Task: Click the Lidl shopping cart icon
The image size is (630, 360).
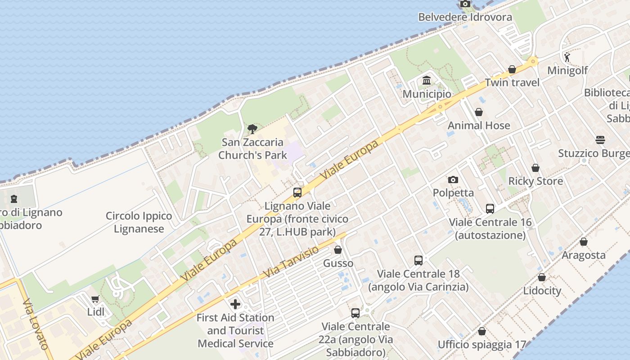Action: (x=95, y=299)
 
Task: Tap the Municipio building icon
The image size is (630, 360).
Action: (x=427, y=81)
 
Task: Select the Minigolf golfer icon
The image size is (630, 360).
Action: (x=567, y=57)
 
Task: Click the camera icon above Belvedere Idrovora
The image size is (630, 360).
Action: (x=465, y=4)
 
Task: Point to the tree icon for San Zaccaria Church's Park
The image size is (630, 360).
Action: (x=252, y=130)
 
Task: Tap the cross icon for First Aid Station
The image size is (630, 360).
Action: (x=235, y=304)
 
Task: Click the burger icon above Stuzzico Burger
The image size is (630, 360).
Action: (x=600, y=140)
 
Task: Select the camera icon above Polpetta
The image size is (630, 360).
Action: (x=453, y=180)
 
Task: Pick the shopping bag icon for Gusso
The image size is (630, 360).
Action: (x=338, y=250)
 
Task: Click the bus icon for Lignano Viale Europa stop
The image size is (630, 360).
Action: (x=297, y=193)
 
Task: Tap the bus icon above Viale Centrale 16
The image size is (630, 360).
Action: (x=490, y=209)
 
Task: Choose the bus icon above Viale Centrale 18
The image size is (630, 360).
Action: (x=418, y=260)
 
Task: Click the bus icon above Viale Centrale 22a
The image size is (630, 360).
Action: (x=355, y=313)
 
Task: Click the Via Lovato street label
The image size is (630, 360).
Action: (x=35, y=324)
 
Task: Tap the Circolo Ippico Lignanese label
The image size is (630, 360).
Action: (x=139, y=222)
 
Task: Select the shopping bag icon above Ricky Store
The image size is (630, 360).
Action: (x=535, y=168)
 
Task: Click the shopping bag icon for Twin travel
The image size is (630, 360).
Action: (x=512, y=69)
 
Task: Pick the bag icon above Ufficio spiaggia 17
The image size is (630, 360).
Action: (x=482, y=331)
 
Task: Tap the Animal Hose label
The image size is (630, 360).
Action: (x=479, y=126)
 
